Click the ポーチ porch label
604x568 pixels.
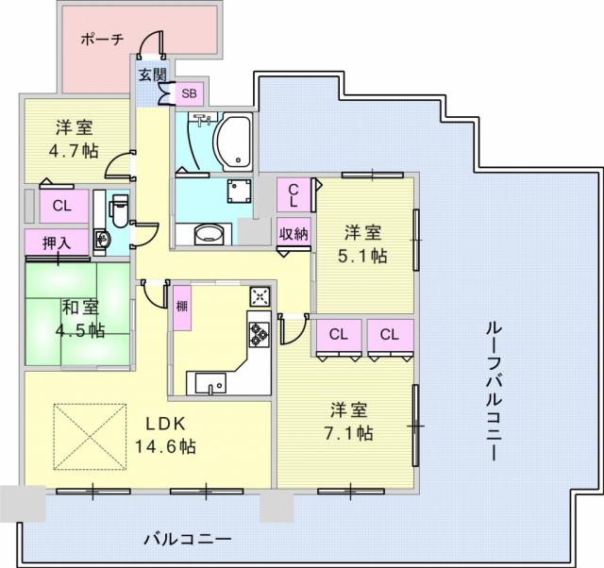coord(102,40)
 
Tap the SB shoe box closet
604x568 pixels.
coord(189,93)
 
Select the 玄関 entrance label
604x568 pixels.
coord(152,75)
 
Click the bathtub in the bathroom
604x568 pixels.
coord(233,142)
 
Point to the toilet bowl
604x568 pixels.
coord(120,210)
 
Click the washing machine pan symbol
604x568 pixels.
coord(239,191)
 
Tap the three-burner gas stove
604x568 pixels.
coord(260,333)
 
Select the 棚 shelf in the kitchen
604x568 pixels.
coord(182,308)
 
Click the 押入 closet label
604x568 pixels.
coord(57,243)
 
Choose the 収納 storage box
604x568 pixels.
coord(294,233)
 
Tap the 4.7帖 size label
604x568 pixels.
coord(74,151)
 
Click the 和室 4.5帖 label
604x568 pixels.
coord(81,319)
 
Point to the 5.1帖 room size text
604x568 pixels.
coord(362,256)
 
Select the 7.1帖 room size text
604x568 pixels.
coord(348,433)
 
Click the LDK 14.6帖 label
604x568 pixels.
coord(165,435)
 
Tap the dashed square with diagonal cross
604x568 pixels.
coord(91,437)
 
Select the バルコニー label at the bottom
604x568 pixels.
coord(188,539)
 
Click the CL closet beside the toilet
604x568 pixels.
coord(64,206)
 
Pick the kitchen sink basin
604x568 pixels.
coord(210,383)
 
